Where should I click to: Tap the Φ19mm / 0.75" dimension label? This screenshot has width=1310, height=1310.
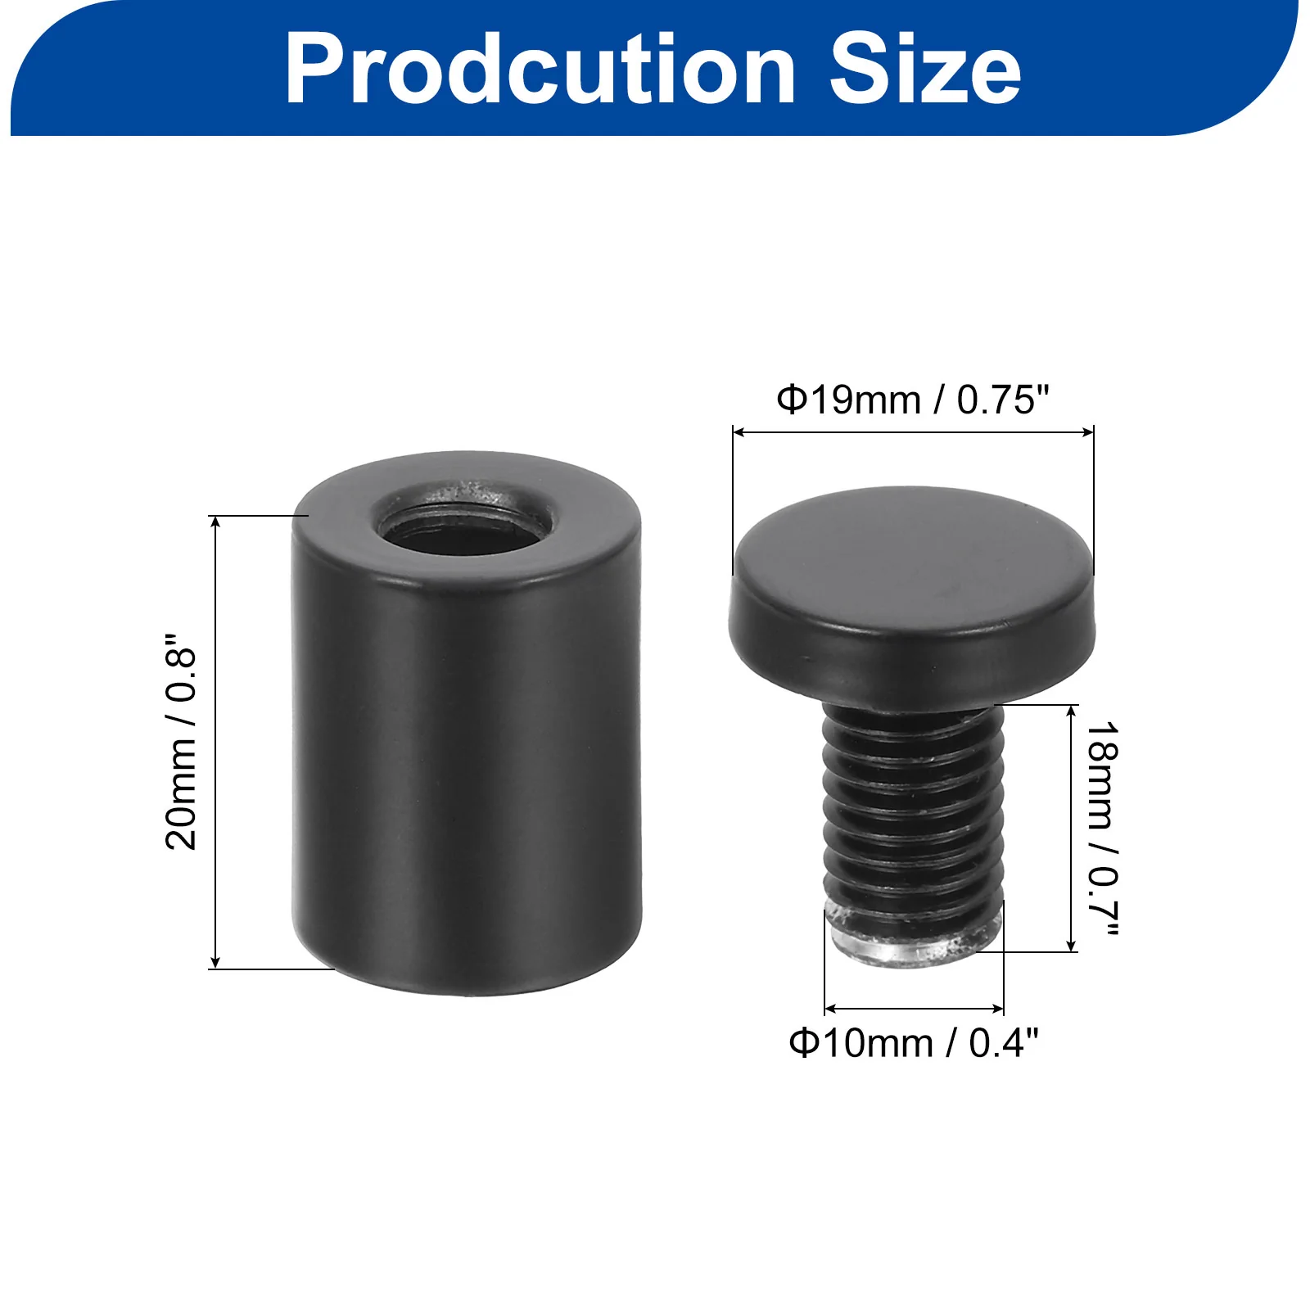click(x=913, y=400)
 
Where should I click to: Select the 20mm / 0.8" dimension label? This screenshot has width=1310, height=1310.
click(x=182, y=742)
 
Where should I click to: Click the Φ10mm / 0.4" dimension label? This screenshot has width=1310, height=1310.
click(x=914, y=1043)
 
